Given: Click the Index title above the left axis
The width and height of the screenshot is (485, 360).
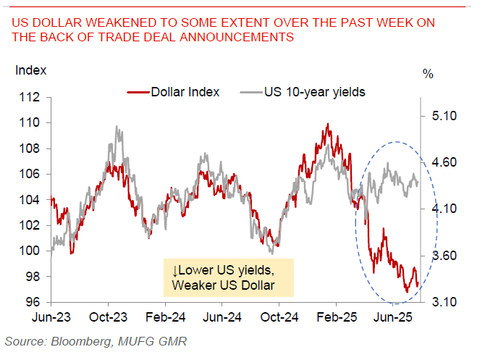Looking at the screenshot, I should click(x=30, y=70).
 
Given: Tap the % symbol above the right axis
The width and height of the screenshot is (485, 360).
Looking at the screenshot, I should click(x=429, y=73).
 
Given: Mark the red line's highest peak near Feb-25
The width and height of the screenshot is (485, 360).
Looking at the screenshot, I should click(x=328, y=124).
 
